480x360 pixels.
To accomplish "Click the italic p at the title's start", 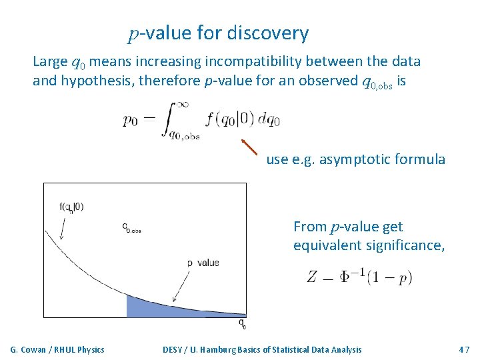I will coord(133,34).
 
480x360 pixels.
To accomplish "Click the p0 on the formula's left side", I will coord(131,120).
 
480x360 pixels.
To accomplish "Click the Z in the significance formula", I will coord(312,277).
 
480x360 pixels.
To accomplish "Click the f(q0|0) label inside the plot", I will coord(71,207).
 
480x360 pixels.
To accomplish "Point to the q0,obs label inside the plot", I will coord(131,228).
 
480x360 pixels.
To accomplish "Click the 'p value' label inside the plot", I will coord(203,263).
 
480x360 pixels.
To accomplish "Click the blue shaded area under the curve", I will coord(147,307).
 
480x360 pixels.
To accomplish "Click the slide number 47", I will coord(464,349).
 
